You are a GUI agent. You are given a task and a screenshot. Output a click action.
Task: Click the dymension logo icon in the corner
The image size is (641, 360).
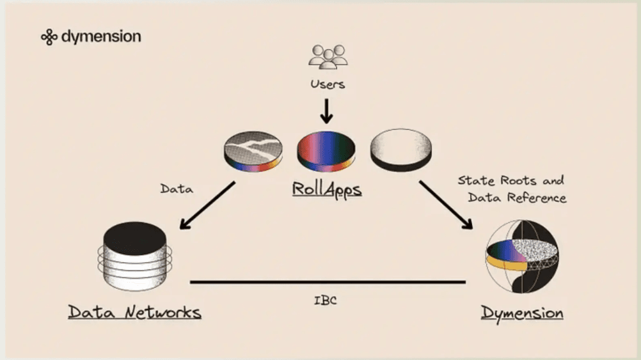pos(49,37)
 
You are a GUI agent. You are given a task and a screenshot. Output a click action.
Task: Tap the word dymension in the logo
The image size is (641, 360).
pos(101,36)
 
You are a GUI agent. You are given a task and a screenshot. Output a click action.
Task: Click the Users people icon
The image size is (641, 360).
pos(328,56)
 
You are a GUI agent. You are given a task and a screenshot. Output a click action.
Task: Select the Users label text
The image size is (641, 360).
pos(327,84)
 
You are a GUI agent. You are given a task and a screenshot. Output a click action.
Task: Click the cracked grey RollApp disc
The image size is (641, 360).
pos(253,151)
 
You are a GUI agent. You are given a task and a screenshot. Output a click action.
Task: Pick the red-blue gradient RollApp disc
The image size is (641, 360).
pos(326,152)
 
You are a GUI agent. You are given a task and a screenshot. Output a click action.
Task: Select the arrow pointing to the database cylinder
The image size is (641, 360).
pos(207,205)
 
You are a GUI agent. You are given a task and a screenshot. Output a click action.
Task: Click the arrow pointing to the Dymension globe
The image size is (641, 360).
pos(446,205)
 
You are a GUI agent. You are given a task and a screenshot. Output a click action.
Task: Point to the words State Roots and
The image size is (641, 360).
pos(510,181)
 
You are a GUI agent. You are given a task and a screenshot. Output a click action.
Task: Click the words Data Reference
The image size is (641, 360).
pos(517,198)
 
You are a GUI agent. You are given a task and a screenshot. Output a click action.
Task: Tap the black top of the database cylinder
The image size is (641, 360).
pos(135,238)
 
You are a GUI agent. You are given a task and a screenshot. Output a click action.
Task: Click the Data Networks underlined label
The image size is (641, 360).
pos(134,313)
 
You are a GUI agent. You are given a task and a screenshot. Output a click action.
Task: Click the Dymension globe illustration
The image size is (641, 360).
pos(521,256)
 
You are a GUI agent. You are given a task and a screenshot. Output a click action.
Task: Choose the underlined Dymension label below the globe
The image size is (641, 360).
pos(522,313)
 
